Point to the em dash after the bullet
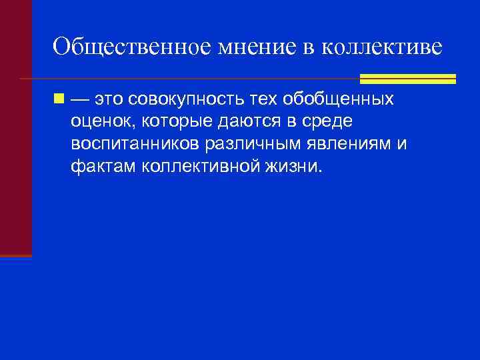(x=79, y=100)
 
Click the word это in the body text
(x=109, y=100)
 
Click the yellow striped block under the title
(x=407, y=79)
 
